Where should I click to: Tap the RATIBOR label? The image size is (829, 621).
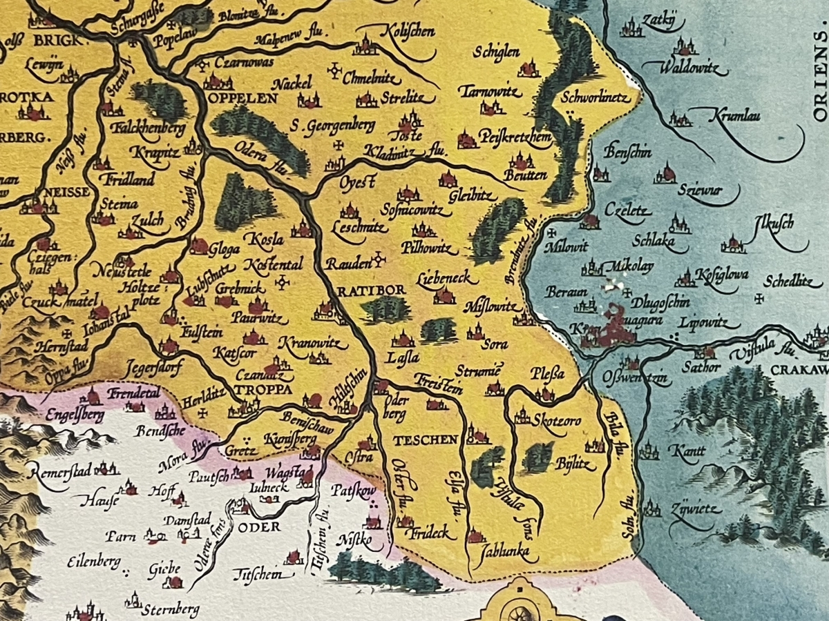coord(371,290)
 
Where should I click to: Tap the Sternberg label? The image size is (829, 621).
coord(170,609)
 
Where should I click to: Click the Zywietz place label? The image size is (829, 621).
coord(694,511)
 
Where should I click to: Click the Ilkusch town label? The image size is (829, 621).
coord(774,224)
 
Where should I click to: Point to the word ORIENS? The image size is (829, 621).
coord(819,76)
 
